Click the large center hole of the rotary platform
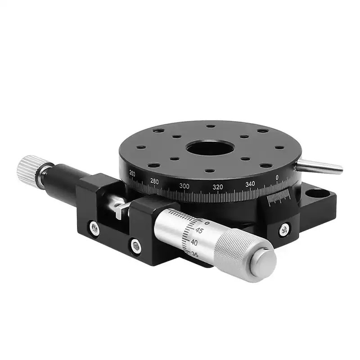(x=208, y=148)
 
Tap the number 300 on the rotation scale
(x=184, y=186)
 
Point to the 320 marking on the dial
(x=218, y=187)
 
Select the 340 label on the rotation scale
(x=250, y=184)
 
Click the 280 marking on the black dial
(x=154, y=181)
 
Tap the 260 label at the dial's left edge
(x=132, y=173)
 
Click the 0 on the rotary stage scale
(x=277, y=176)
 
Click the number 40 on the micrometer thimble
(x=194, y=242)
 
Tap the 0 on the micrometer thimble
(x=206, y=223)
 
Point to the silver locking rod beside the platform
(x=321, y=166)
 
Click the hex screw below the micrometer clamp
(x=135, y=246)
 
